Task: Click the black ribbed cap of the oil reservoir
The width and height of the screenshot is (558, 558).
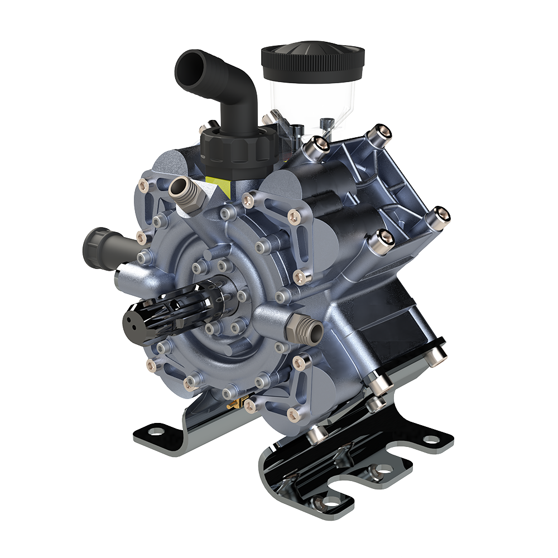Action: click(x=312, y=59)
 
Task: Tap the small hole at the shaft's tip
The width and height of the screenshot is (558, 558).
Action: click(x=132, y=321)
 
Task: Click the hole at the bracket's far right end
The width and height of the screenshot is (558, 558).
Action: click(x=429, y=439)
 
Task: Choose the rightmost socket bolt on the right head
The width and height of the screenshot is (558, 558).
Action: click(x=439, y=214)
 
